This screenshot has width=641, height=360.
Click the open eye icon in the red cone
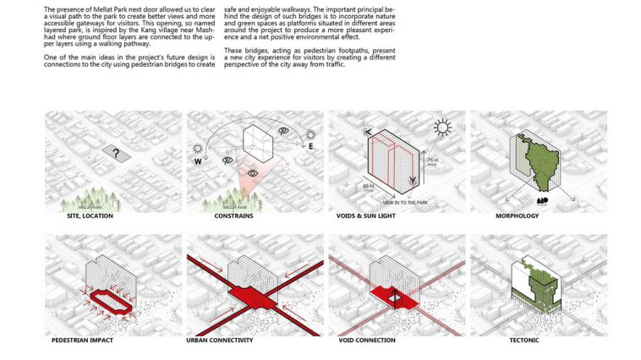pos(252,173)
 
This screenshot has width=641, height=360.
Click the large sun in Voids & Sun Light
pos(441,128)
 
